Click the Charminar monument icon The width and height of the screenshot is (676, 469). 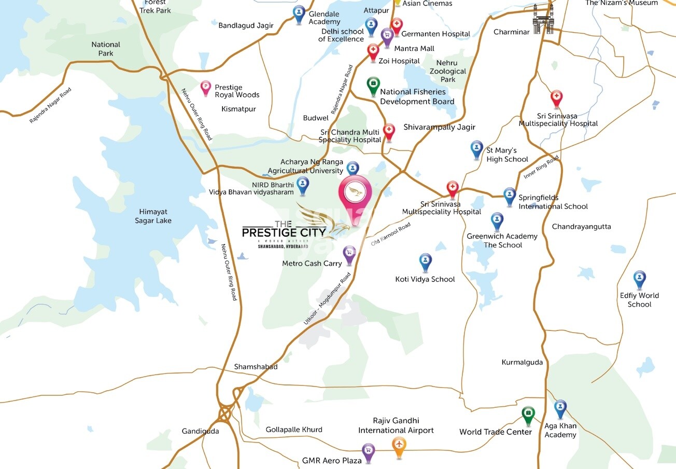click(x=543, y=20)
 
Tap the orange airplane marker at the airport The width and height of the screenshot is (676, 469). click(x=399, y=446)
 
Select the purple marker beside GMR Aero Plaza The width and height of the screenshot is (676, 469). click(x=368, y=451)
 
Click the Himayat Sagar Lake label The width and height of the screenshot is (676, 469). click(x=153, y=216)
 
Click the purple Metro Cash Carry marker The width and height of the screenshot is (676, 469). click(x=349, y=254)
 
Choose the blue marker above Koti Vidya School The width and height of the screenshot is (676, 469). click(x=425, y=261)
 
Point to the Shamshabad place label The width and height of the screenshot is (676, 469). click(x=256, y=367)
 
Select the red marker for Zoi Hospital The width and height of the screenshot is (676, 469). click(x=373, y=51)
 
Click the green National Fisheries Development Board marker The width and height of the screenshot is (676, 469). click(x=373, y=85)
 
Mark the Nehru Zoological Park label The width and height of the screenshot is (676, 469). click(x=447, y=71)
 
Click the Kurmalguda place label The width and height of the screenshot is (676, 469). click(x=522, y=362)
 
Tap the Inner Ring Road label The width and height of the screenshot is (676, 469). click(x=541, y=167)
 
